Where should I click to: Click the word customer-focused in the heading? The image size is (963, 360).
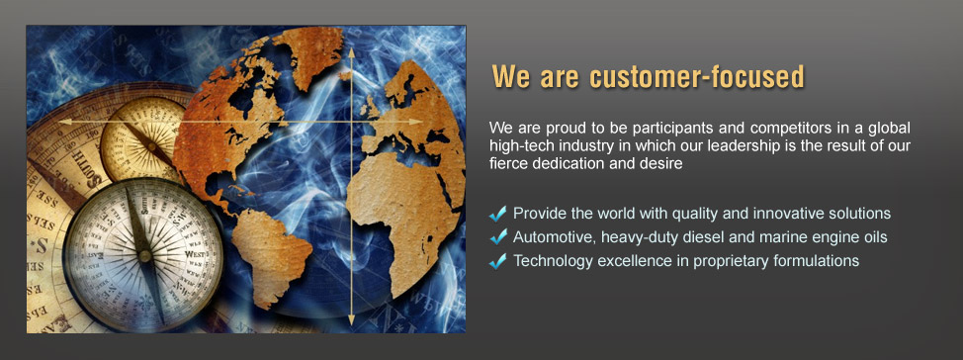(x=696, y=77)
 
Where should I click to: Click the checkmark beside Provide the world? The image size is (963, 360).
(x=498, y=214)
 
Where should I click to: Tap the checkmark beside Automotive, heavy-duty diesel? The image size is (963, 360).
(x=498, y=236)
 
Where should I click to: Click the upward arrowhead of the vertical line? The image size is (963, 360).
(x=351, y=52)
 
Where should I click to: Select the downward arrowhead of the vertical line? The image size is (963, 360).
(x=351, y=319)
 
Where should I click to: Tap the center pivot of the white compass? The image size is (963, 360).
(x=145, y=255)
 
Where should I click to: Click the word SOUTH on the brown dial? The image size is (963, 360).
(x=85, y=167)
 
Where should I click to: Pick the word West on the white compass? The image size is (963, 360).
(x=195, y=254)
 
